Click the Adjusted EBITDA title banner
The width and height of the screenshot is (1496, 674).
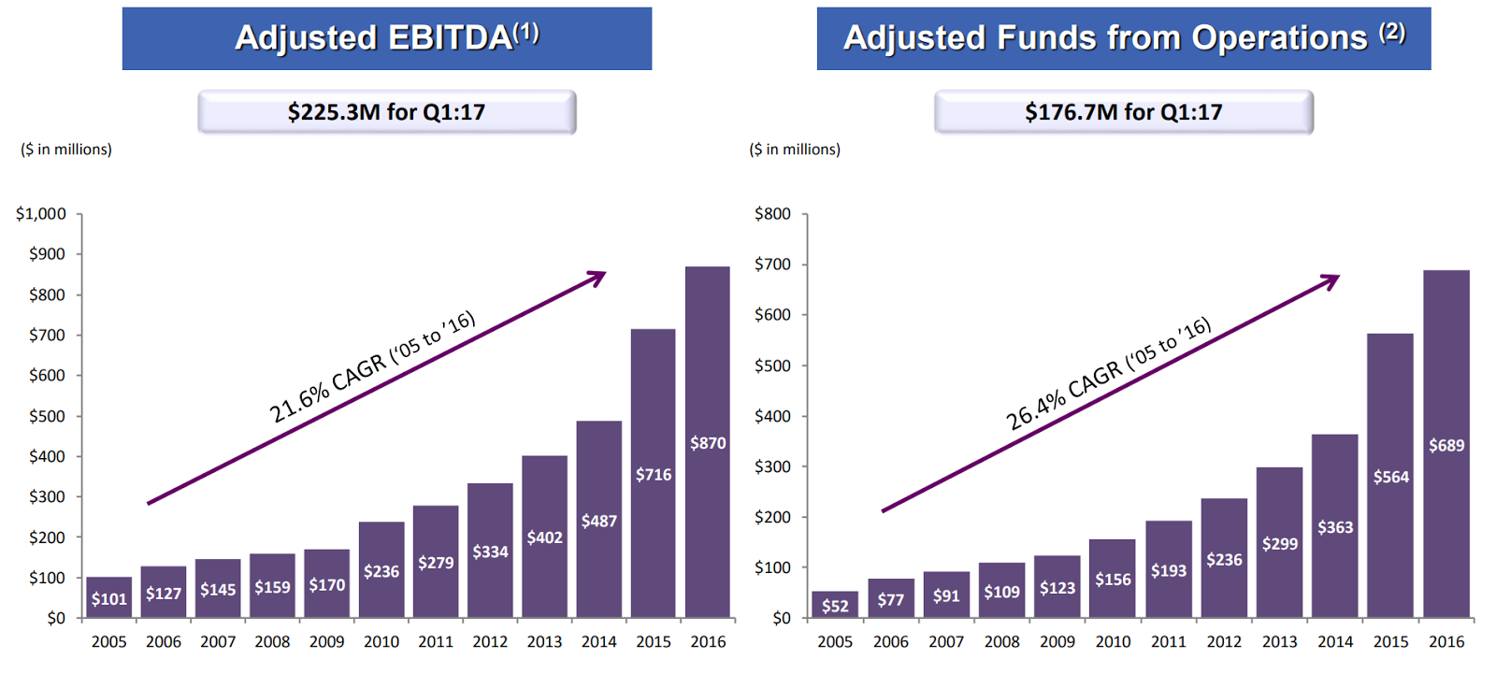386,38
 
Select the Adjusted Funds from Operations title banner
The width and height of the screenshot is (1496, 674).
1123,38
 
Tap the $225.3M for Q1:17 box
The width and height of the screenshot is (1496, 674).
386,112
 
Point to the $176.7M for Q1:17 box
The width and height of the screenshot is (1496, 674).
1123,112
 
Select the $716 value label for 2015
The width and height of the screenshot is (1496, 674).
654,475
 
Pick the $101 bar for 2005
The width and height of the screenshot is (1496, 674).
108,597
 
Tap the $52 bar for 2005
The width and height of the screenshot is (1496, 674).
835,605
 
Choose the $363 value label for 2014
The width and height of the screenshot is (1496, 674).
1335,527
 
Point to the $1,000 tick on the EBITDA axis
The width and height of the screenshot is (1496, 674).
41,214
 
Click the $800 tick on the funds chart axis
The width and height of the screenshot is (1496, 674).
772,214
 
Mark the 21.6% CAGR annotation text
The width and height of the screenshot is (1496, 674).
372,366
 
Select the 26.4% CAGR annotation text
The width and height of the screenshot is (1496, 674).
1108,373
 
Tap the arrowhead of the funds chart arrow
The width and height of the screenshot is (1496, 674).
1331,280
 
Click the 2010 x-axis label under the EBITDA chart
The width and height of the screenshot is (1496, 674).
381,642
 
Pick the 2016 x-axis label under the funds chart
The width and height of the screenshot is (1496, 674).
1446,642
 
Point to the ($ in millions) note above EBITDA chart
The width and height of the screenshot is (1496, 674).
66,150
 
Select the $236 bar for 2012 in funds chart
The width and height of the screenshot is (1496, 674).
1224,559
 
